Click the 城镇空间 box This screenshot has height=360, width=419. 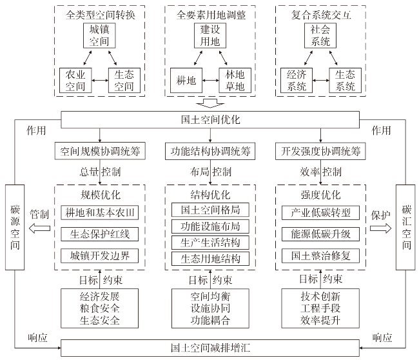(x=99, y=35)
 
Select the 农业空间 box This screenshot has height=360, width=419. (x=75, y=80)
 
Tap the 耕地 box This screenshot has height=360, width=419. (x=186, y=80)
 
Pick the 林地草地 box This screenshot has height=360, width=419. (x=235, y=80)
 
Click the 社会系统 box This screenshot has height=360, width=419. (x=320, y=35)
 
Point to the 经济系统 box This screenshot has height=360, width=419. (x=297, y=80)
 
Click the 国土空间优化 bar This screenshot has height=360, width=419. (x=210, y=119)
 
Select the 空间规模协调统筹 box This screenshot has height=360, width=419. (x=100, y=151)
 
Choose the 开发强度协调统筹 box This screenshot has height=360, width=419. (x=320, y=151)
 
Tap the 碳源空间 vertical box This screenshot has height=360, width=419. (x=15, y=227)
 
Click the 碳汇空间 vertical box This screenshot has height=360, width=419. (x=405, y=227)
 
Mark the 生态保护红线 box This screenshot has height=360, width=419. (x=100, y=234)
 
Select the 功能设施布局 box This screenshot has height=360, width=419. (x=210, y=226)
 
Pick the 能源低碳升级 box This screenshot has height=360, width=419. (x=320, y=234)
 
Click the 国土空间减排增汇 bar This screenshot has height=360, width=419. (x=210, y=348)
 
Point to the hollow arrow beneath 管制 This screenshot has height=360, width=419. (x=39, y=228)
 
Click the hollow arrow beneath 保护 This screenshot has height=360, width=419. (x=380, y=228)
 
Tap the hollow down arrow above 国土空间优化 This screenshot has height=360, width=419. (x=210, y=103)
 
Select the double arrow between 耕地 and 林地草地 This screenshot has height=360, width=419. (x=211, y=80)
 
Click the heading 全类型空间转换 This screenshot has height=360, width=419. (x=100, y=15)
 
